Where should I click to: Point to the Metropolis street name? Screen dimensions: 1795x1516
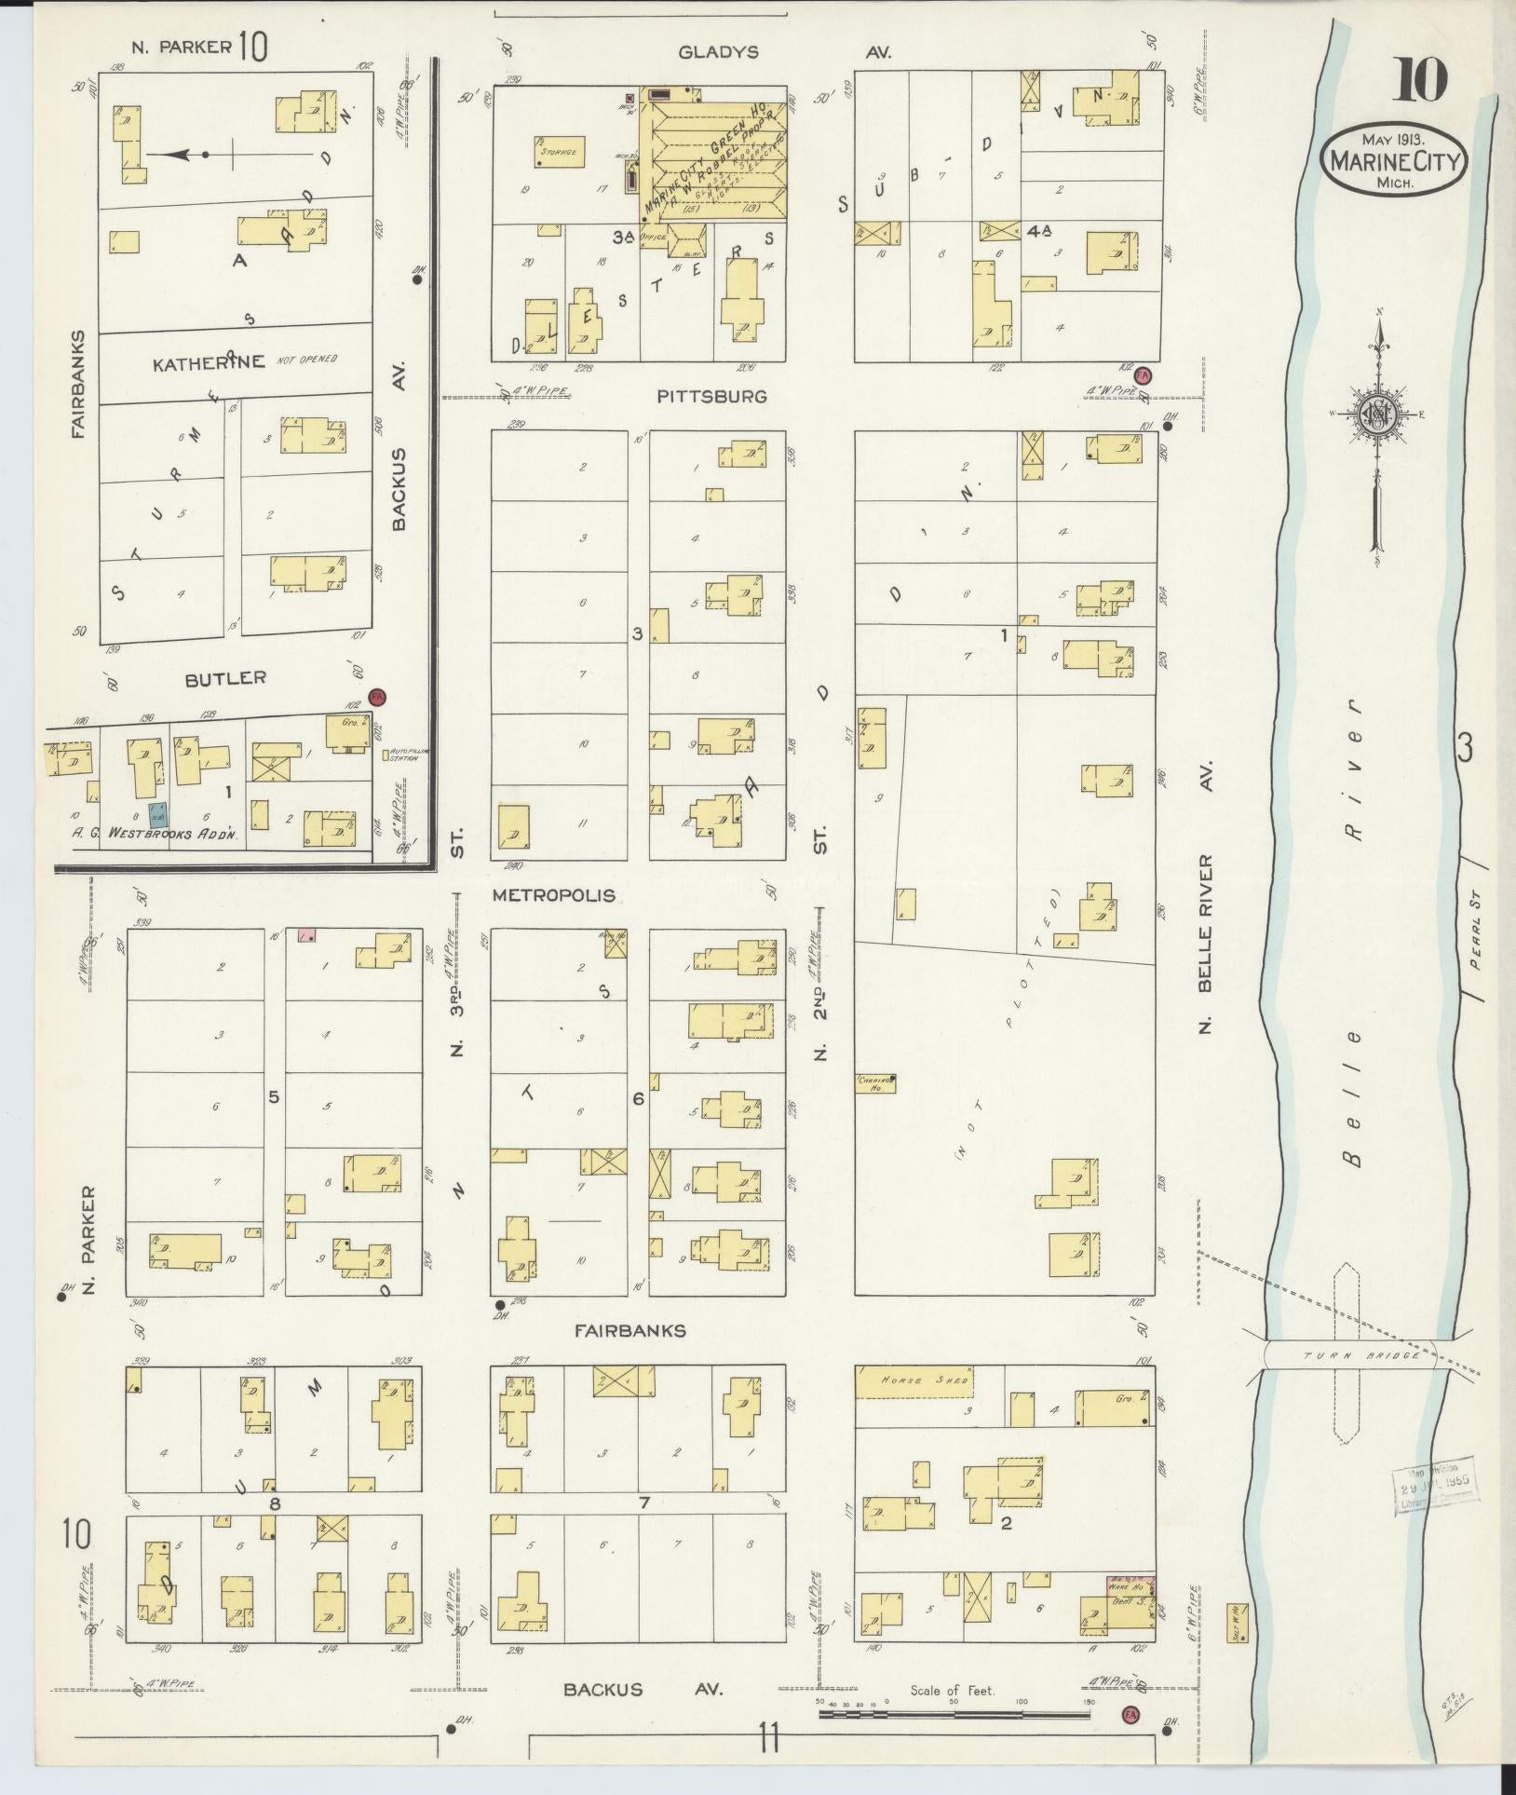point(553,895)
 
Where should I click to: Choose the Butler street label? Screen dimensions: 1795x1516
point(224,678)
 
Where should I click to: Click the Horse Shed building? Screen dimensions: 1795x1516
point(914,1381)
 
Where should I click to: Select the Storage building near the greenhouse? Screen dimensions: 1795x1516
point(559,152)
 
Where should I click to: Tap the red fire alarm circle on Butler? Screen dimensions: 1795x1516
point(376,697)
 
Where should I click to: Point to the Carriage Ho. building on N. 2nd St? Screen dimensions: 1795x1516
point(874,1081)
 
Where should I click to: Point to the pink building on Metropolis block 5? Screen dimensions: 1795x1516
point(305,934)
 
